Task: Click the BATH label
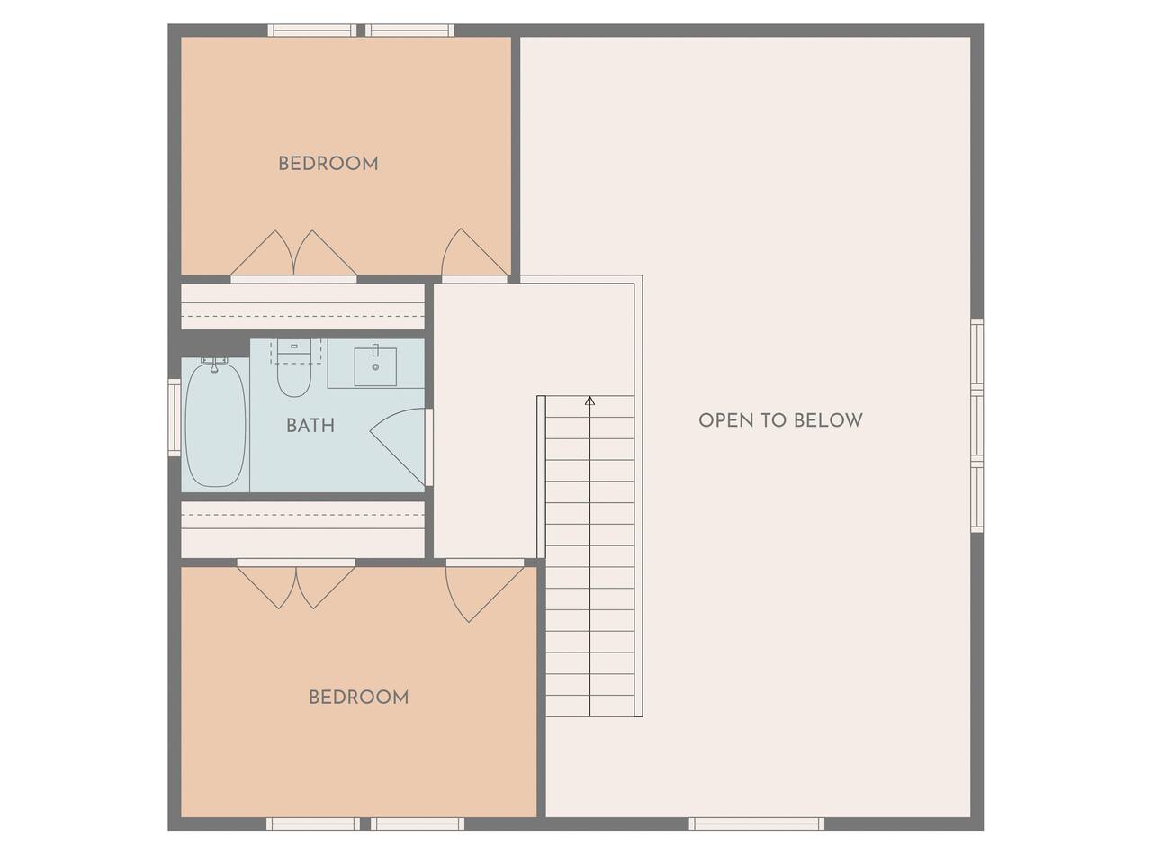[x=310, y=426]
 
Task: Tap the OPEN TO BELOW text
[x=780, y=420]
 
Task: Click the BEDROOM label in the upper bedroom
[x=328, y=164]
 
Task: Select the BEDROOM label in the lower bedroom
[x=358, y=697]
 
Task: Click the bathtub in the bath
[x=216, y=425]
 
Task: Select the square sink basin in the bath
[x=375, y=366]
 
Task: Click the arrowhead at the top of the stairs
[x=589, y=400]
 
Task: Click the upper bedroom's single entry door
[x=474, y=252]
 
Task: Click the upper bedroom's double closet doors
[x=294, y=252]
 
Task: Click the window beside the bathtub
[x=175, y=417]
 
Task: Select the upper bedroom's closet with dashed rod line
[x=302, y=306]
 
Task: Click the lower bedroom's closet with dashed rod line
[x=302, y=529]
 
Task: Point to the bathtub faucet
[x=214, y=364]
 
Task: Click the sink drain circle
[x=375, y=367]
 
